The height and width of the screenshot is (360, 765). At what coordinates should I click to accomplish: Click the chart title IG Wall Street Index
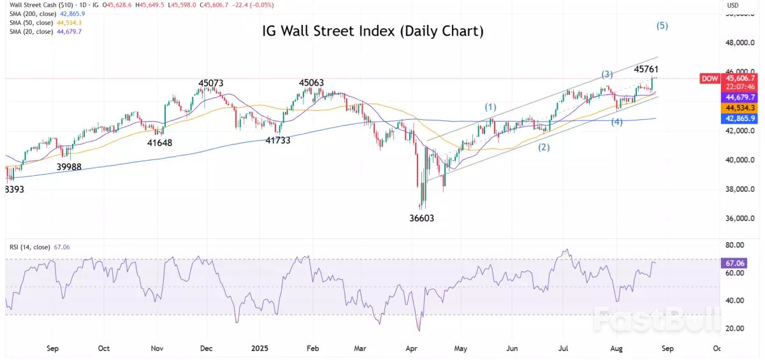click(373, 31)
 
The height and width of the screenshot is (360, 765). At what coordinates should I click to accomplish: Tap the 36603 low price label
click(422, 218)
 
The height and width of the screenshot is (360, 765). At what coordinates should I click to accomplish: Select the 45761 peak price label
click(646, 69)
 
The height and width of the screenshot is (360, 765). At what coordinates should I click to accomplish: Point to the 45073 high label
click(211, 83)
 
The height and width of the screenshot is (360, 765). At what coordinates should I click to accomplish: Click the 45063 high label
click(312, 83)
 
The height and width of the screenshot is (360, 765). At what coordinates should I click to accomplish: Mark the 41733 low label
click(278, 140)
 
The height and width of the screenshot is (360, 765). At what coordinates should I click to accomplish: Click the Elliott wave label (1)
click(490, 106)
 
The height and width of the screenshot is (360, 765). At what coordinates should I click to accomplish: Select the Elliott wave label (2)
click(544, 147)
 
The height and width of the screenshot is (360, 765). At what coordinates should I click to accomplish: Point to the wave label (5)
click(662, 26)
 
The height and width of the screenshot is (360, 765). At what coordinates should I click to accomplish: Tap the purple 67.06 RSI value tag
click(731, 263)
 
